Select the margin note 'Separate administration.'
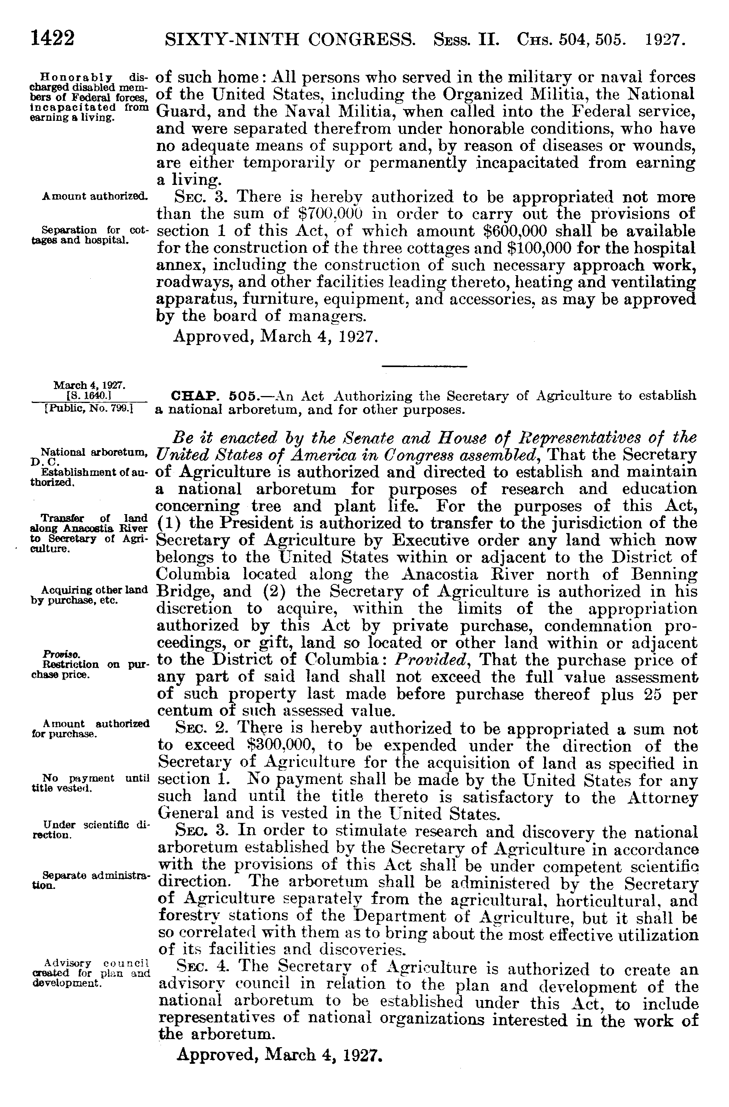(x=91, y=880)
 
